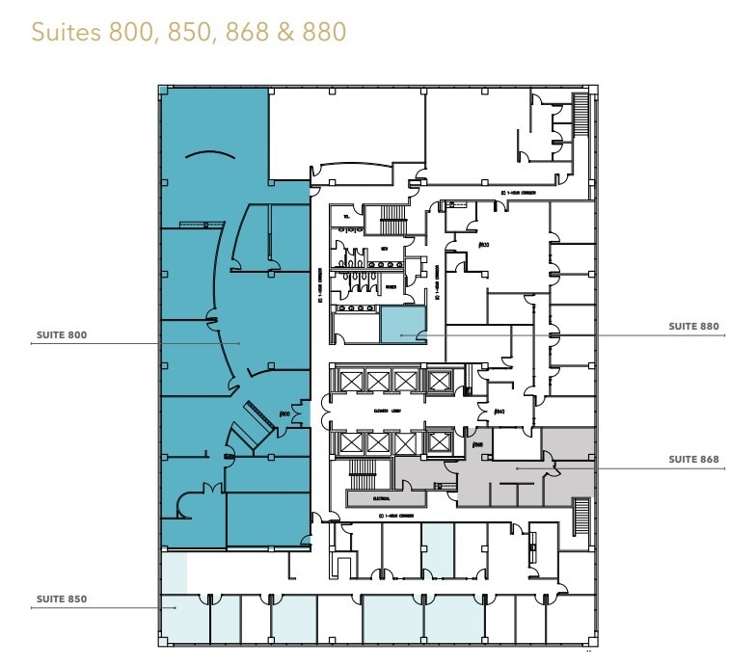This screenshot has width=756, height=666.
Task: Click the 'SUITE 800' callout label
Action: (x=61, y=334)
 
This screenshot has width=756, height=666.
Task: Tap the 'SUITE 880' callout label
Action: (x=693, y=327)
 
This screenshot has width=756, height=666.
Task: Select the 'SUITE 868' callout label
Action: (x=693, y=460)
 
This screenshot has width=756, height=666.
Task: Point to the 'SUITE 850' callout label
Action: (x=62, y=599)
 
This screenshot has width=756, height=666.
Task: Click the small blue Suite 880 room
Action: (x=402, y=325)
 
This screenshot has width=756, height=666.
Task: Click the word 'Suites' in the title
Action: (x=64, y=31)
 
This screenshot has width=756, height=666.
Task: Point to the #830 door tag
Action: (x=484, y=245)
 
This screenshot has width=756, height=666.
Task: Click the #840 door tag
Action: (x=499, y=412)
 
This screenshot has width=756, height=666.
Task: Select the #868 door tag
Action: (x=478, y=444)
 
